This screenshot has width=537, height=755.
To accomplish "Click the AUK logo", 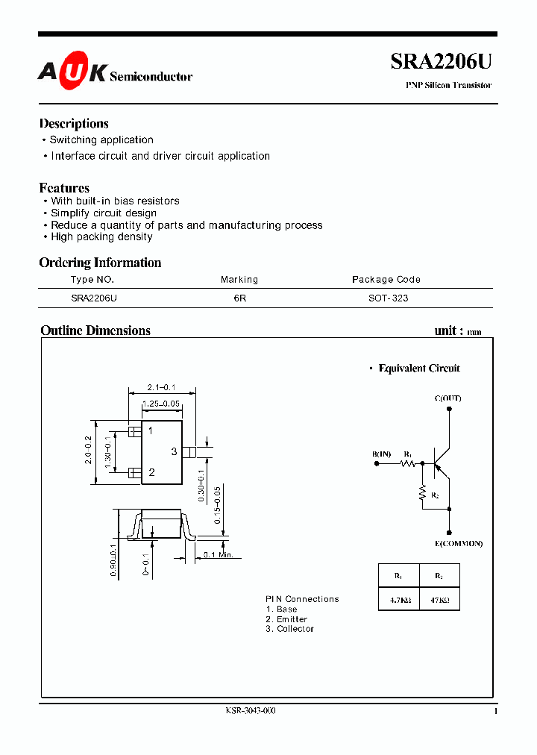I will pyautogui.click(x=72, y=73).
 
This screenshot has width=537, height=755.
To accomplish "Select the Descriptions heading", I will pyautogui.click(x=74, y=124).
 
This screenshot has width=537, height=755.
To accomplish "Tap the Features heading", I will pyautogui.click(x=64, y=188).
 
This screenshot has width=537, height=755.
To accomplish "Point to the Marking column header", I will pyautogui.click(x=239, y=280).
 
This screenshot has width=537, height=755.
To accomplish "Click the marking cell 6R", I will pyautogui.click(x=239, y=298).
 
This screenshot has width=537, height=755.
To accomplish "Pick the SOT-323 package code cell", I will pyautogui.click(x=388, y=298).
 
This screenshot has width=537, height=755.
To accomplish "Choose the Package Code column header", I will pyautogui.click(x=386, y=280).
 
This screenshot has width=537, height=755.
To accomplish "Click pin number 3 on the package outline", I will pyautogui.click(x=174, y=451).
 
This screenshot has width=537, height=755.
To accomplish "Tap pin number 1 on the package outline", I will pyautogui.click(x=151, y=431).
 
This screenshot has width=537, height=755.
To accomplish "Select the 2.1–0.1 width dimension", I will pyautogui.click(x=161, y=387).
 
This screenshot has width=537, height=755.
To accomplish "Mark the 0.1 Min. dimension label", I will pyautogui.click(x=219, y=554).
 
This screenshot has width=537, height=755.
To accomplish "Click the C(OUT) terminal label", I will pyautogui.click(x=447, y=398).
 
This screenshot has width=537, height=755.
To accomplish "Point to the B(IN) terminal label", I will pyautogui.click(x=381, y=454).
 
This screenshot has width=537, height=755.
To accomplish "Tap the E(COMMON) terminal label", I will pyautogui.click(x=459, y=543).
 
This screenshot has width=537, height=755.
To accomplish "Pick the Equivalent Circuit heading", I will pyautogui.click(x=419, y=369).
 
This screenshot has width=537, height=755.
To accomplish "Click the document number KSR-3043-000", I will pyautogui.click(x=251, y=711).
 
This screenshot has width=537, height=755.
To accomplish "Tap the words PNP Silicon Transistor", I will pyautogui.click(x=448, y=86).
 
